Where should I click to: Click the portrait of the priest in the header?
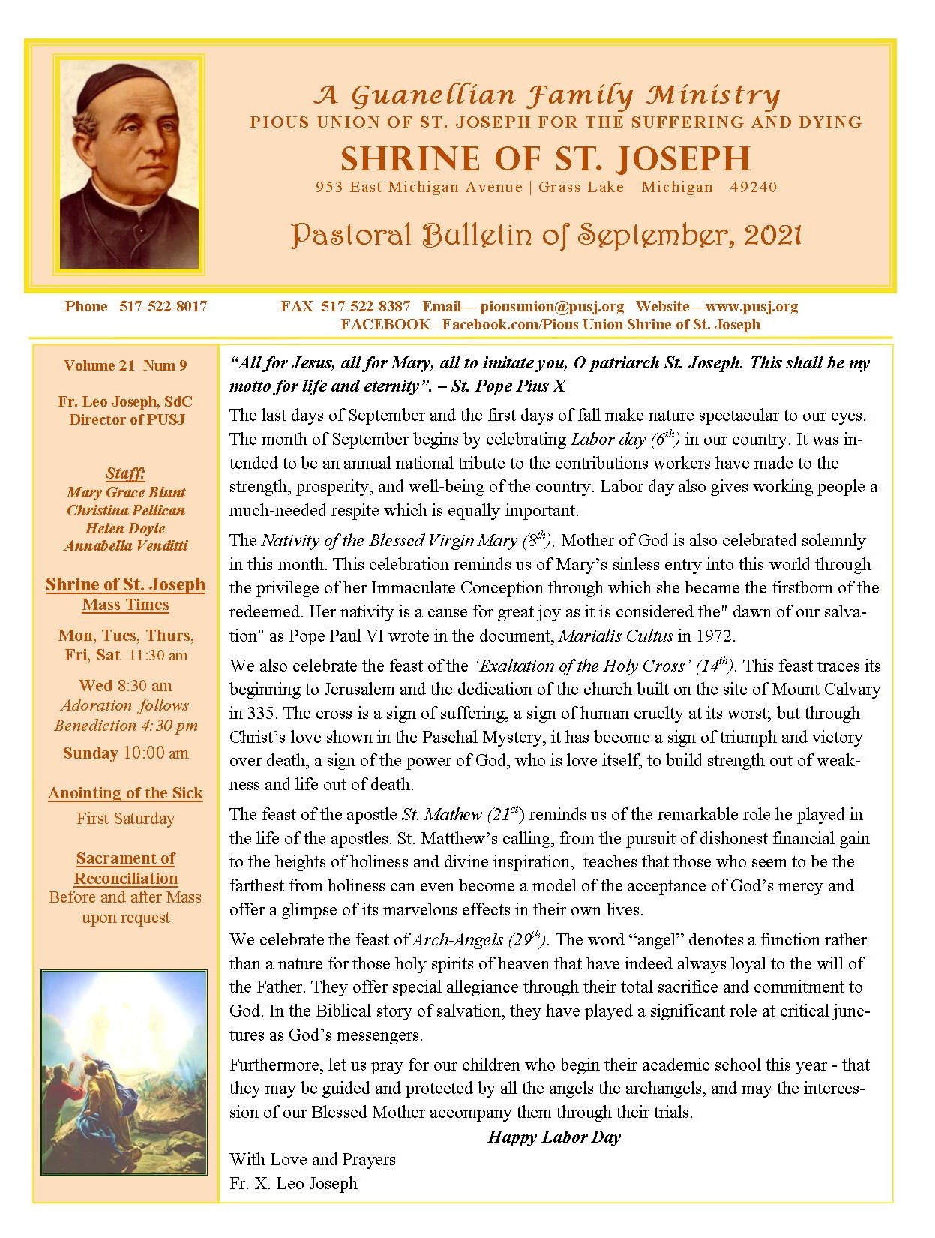(x=129, y=164)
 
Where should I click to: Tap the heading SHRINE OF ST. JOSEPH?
(x=545, y=158)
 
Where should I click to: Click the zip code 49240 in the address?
(x=753, y=187)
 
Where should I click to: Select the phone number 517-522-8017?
(x=163, y=306)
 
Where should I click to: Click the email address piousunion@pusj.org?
(x=552, y=306)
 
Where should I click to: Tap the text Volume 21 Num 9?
(x=125, y=365)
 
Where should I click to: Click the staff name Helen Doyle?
(x=125, y=528)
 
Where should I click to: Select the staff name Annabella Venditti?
(x=125, y=545)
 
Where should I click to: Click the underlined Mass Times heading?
(x=125, y=605)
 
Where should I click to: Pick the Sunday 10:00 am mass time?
(x=125, y=753)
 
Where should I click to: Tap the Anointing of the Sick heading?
(x=125, y=793)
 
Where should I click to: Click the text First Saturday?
(x=125, y=819)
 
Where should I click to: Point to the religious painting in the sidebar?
(x=124, y=1072)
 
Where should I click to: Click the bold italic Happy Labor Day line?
(x=554, y=1137)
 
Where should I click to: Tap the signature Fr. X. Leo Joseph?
(x=293, y=1183)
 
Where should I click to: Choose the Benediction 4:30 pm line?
(x=125, y=726)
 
